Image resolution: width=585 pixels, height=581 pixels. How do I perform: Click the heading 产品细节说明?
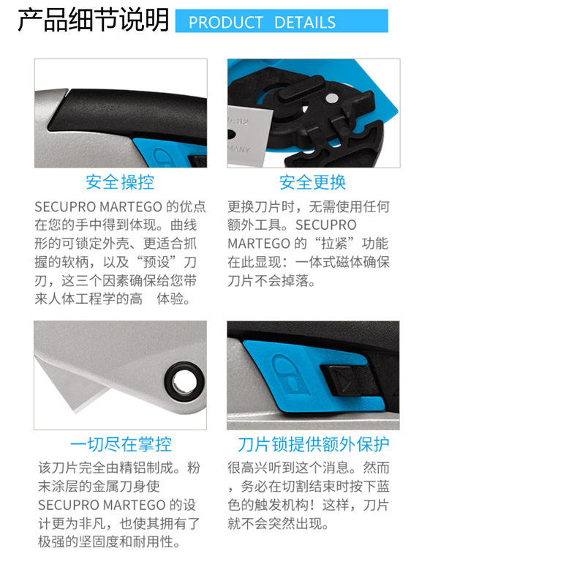94,20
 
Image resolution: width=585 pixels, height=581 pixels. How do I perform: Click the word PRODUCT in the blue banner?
226,23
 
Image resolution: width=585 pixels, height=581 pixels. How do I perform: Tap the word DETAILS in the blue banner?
305,23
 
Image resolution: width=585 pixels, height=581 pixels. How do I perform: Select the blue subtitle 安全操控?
120,182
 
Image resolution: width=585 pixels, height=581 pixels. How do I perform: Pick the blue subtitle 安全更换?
313,182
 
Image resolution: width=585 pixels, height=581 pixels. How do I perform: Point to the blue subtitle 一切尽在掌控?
121,444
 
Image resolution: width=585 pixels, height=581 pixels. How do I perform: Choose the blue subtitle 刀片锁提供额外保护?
314,444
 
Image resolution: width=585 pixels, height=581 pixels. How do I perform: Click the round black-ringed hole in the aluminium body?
184,382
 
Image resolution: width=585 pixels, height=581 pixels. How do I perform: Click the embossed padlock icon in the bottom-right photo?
290,375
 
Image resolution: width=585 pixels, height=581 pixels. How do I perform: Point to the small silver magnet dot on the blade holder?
332,98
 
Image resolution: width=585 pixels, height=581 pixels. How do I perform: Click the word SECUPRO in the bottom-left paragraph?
68,505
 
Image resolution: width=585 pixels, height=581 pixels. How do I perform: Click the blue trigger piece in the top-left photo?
170,152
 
